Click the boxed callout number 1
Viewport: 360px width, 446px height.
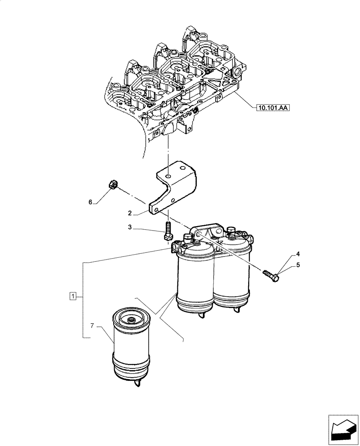pyautogui.click(x=73, y=296)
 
